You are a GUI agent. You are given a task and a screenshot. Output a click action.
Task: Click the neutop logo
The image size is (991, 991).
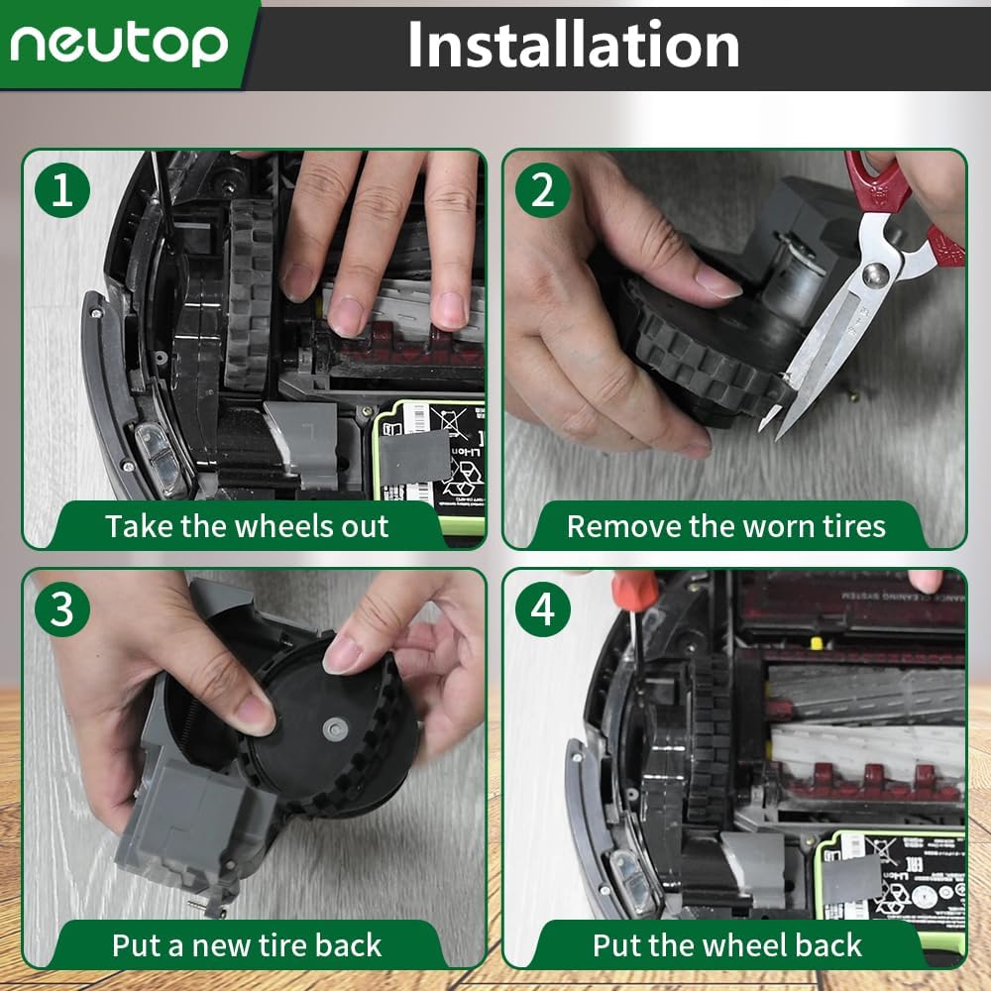(x=119, y=44)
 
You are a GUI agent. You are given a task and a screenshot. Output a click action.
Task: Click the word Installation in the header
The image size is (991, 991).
(x=573, y=45)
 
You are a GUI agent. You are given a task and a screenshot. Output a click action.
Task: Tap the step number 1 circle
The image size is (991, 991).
(x=62, y=190)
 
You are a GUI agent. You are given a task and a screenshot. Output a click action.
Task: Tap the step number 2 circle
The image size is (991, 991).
(x=543, y=190)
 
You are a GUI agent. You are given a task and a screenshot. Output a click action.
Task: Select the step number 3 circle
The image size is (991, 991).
(x=62, y=609)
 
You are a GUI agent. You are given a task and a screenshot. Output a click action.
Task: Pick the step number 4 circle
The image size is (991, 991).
(x=543, y=609)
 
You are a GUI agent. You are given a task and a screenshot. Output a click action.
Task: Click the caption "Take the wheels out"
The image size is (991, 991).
(x=247, y=526)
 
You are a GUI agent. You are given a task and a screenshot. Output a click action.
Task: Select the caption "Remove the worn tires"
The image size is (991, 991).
(x=725, y=526)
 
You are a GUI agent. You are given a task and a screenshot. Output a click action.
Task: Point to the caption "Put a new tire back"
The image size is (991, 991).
(x=247, y=944)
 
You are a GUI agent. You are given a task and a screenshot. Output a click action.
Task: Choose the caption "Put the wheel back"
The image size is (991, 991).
(x=726, y=944)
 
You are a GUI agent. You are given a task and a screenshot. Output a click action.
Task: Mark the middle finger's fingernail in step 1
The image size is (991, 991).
(x=347, y=315)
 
